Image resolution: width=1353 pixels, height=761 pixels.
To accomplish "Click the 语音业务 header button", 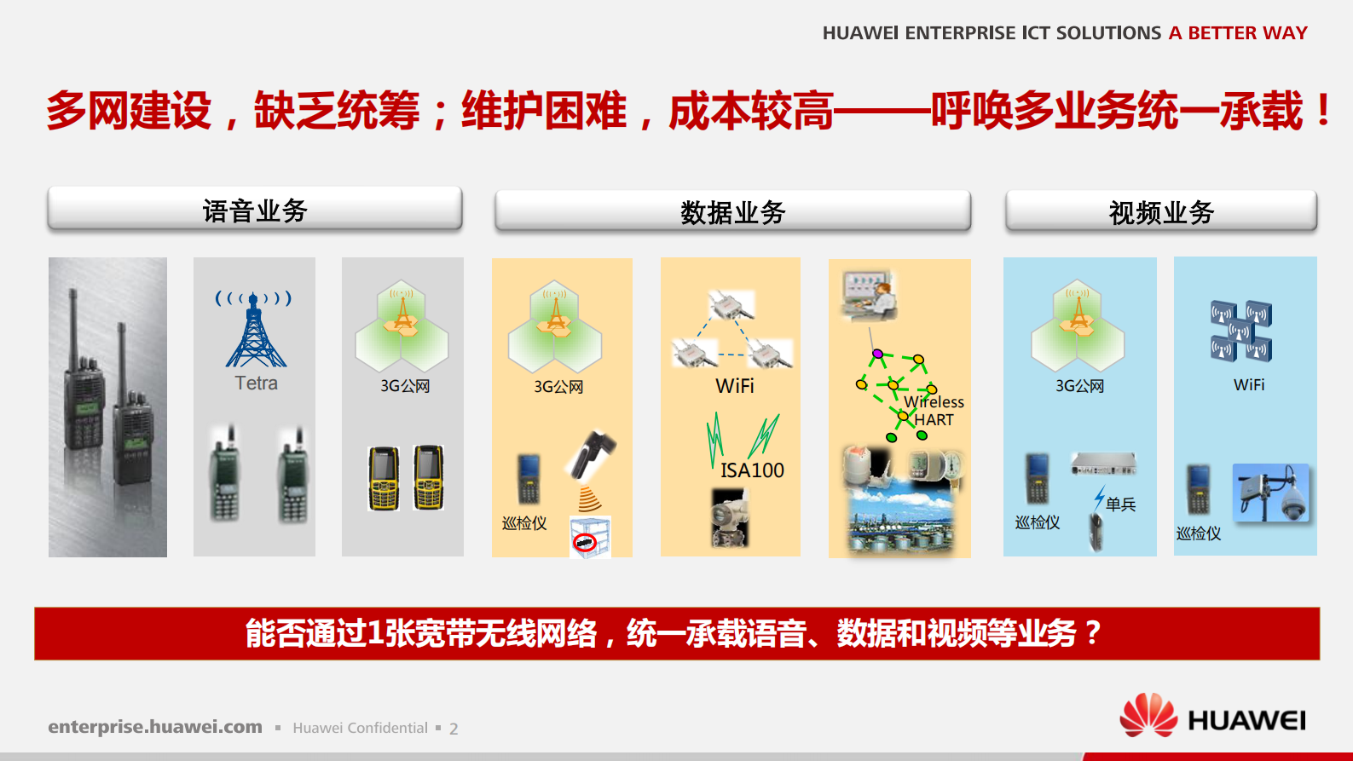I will (255, 210).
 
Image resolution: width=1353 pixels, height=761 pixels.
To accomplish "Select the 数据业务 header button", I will (732, 211).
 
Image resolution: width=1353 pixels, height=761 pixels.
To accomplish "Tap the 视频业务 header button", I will (1161, 211).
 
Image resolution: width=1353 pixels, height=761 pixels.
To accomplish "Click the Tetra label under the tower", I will (256, 383).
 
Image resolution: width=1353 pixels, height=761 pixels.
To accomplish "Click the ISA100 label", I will (752, 470).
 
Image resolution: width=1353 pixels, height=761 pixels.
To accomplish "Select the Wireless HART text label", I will (934, 411).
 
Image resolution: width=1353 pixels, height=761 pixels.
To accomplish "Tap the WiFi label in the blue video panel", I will (1249, 385).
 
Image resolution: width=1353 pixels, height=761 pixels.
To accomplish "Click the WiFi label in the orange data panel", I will (735, 386).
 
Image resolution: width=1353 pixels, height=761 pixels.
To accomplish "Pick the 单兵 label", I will (1120, 504).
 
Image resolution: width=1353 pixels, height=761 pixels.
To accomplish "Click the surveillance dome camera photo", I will (1270, 493).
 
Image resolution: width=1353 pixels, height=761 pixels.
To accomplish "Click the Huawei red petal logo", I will (1148, 716).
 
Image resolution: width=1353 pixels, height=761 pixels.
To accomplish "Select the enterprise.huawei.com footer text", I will (155, 727).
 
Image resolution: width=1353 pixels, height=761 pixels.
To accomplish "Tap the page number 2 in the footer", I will (454, 729).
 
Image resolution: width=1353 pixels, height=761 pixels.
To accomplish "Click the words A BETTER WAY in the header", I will (1238, 33).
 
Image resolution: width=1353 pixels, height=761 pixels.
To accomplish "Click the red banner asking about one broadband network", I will (676, 633).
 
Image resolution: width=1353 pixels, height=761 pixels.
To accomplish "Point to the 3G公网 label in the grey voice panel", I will (405, 386).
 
